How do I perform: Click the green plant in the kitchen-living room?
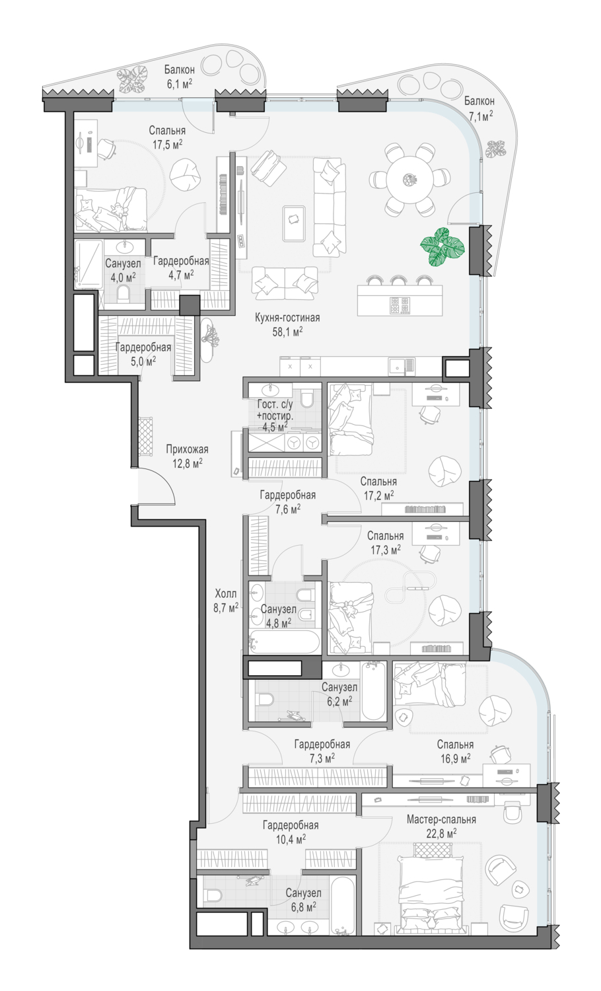[x=442, y=247]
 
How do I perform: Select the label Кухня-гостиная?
[x=287, y=317]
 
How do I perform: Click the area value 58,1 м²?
[x=287, y=332]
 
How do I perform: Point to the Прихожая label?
[x=187, y=449]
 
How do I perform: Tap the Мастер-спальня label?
[x=441, y=819]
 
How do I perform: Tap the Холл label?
[x=226, y=593]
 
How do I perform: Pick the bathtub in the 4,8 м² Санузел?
[x=284, y=642]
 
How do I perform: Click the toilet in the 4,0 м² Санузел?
[x=124, y=294]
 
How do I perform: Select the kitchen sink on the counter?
[x=402, y=365]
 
